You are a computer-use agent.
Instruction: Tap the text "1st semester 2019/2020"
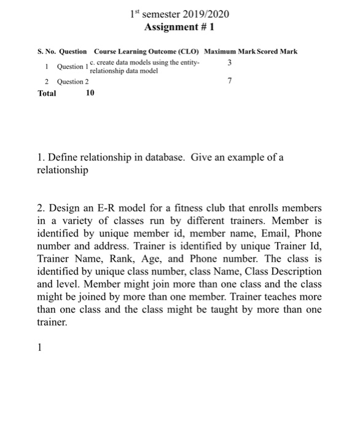click(180, 14)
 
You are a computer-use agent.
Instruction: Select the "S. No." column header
click(49, 52)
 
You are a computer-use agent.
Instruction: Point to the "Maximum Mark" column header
click(230, 52)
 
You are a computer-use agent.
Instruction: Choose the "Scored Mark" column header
click(278, 52)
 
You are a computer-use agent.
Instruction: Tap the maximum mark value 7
click(229, 81)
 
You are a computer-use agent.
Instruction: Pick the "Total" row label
click(47, 93)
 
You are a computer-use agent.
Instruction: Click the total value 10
click(90, 93)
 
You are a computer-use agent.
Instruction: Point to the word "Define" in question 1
click(62, 157)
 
